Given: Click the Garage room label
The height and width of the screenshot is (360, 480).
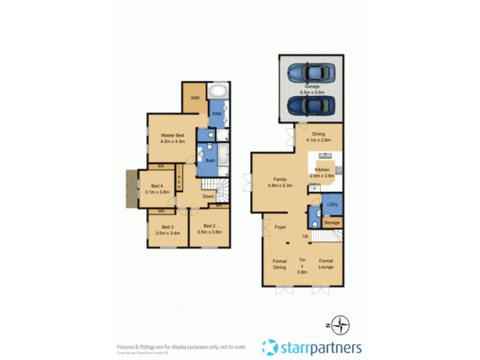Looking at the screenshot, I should click(x=311, y=87).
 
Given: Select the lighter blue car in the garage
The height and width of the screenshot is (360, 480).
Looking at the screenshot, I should click(x=311, y=73).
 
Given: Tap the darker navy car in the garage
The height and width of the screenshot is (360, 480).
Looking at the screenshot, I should click(x=311, y=106).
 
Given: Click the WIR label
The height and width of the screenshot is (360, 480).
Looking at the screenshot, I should click(x=195, y=97).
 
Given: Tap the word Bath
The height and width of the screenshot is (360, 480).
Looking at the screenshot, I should click(x=210, y=160).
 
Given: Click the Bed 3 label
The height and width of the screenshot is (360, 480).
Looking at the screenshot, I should click(x=167, y=226).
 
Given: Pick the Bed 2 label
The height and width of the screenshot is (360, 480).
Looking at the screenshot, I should click(x=209, y=226).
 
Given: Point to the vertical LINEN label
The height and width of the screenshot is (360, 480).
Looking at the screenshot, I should click(x=179, y=178).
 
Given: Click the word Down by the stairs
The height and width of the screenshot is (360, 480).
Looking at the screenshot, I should click(x=208, y=196).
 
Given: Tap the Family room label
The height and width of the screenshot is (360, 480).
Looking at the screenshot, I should click(x=280, y=179).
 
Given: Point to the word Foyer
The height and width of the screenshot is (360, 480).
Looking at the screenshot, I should click(x=280, y=227).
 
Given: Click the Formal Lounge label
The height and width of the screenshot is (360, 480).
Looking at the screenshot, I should click(x=326, y=264).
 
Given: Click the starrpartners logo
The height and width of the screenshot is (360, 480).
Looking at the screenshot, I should click(x=311, y=347).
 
